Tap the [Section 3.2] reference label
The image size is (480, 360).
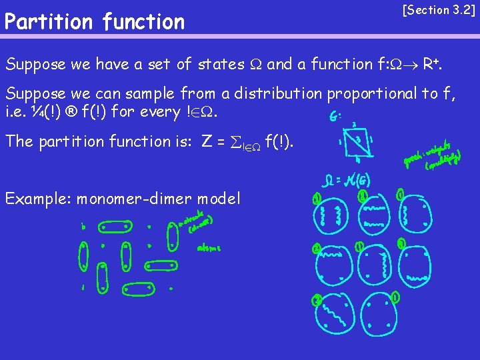point(438,10)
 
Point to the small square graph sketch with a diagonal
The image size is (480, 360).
point(357,142)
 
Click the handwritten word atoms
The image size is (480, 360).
point(209,248)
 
